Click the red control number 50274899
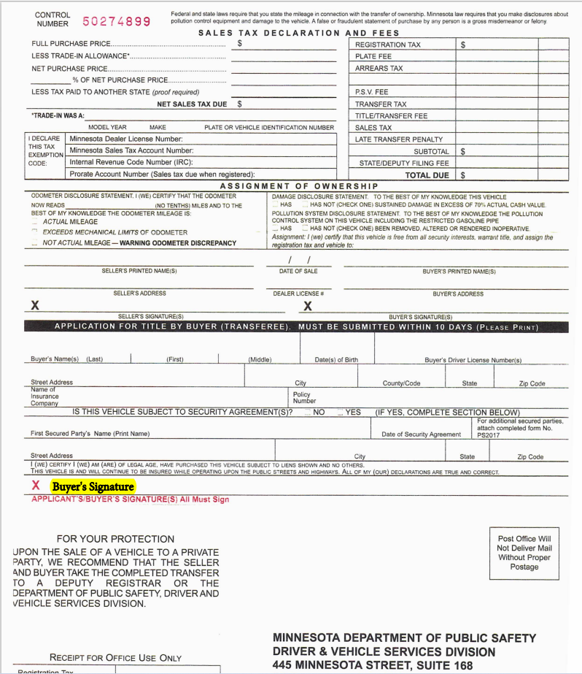tap(117, 21)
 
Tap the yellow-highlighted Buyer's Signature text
tap(92, 486)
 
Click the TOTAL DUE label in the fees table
tap(427, 175)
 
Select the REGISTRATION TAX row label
tap(387, 45)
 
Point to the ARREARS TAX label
tap(379, 69)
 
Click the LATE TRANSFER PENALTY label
tap(398, 139)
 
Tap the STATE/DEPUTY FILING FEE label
tap(404, 164)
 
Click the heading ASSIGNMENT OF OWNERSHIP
tap(299, 186)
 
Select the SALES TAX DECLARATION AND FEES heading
tap(299, 33)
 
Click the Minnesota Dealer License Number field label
tap(125, 139)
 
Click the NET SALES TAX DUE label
tap(192, 104)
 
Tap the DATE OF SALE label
tap(298, 271)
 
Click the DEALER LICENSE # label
tap(298, 294)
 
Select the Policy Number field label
tap(304, 398)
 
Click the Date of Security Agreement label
tap(421, 434)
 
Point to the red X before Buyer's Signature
tap(35, 486)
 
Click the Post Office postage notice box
tap(524, 553)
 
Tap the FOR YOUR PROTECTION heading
tap(115, 539)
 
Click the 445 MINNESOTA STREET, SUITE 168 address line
tap(372, 665)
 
